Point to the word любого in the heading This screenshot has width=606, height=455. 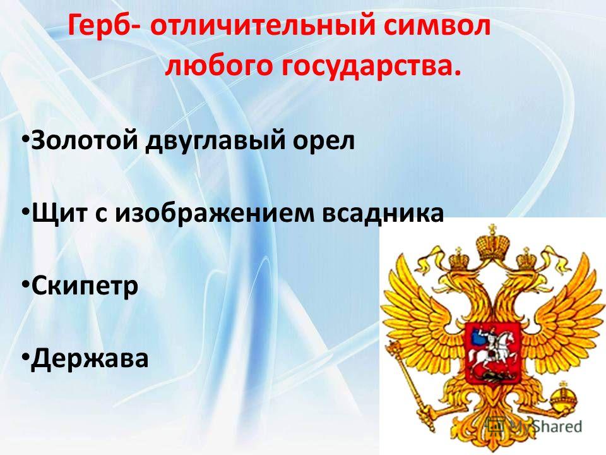(x=218, y=66)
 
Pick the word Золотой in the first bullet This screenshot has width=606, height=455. (x=84, y=140)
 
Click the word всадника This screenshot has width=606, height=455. (x=383, y=214)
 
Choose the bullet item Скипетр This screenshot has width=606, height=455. (x=85, y=287)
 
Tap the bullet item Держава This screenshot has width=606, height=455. (x=90, y=360)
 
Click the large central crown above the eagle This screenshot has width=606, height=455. (x=492, y=243)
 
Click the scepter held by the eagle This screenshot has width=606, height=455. (x=409, y=377)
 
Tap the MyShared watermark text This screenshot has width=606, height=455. (x=545, y=426)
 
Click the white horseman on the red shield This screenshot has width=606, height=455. (x=494, y=346)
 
